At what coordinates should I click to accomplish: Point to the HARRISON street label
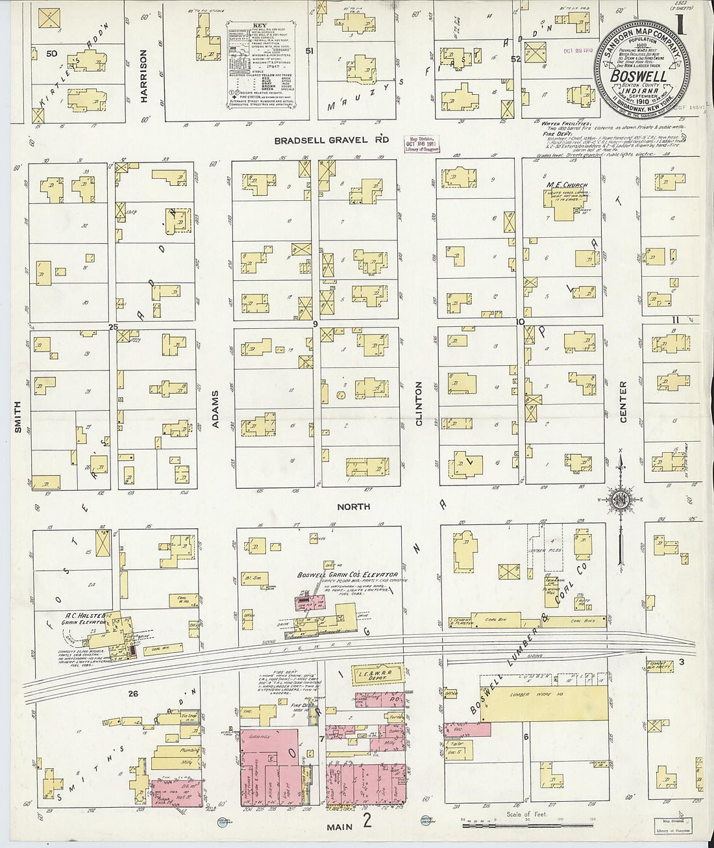coord(144,77)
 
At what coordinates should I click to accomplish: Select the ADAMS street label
coord(216,410)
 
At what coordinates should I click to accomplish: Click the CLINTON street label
coord(419,404)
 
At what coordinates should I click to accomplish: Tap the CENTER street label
coord(623,402)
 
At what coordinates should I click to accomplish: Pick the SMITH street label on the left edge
coord(18,417)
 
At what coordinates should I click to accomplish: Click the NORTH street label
coord(354,506)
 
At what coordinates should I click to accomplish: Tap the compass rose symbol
coord(620,499)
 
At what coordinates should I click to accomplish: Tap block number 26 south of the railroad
coord(133,693)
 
